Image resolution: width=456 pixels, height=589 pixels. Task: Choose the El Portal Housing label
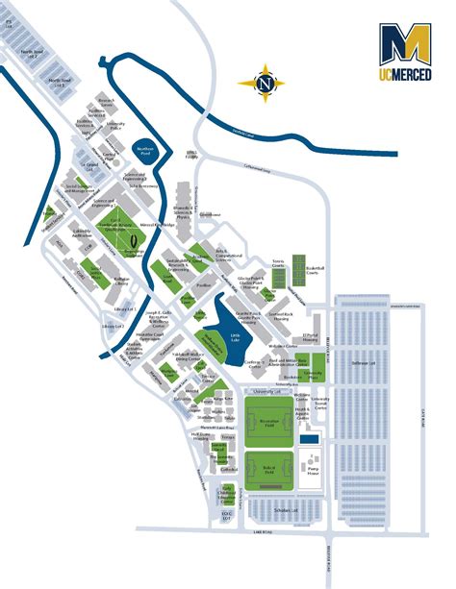pos(310,336)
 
